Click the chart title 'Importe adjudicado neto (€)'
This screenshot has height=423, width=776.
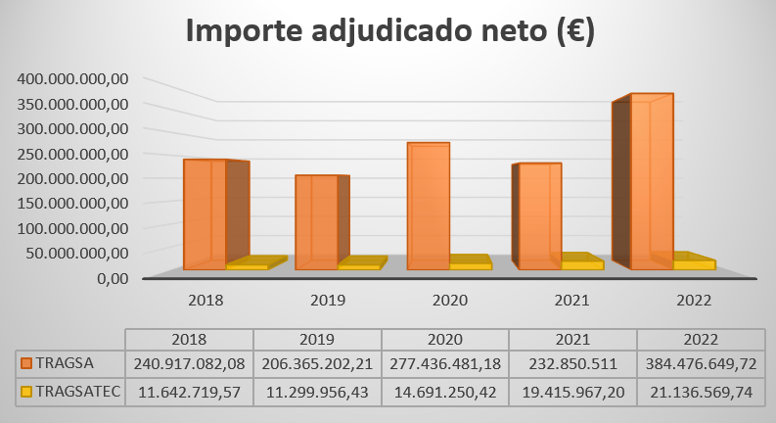tap(389, 31)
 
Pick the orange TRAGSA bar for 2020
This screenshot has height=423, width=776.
tap(428, 206)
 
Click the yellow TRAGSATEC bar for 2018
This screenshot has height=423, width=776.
tap(247, 265)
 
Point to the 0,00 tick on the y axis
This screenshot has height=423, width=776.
tap(111, 278)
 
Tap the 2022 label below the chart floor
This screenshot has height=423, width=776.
tap(692, 300)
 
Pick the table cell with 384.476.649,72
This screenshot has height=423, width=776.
tap(701, 362)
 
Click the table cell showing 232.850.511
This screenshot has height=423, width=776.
tap(572, 362)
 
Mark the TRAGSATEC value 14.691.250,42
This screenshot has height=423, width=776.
tap(444, 392)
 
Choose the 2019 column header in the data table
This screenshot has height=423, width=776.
tap(316, 339)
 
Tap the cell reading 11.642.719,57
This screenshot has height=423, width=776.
tap(189, 392)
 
